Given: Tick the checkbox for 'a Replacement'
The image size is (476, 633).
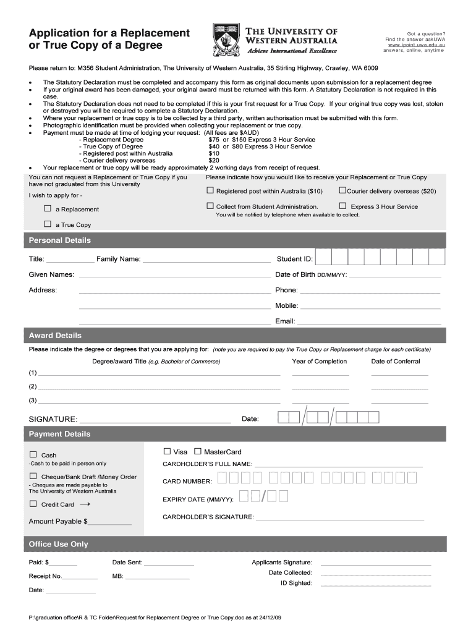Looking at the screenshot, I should [47, 208].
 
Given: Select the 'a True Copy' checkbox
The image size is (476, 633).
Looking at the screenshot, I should [47, 224].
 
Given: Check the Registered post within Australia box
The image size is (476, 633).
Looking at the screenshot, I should [210, 190].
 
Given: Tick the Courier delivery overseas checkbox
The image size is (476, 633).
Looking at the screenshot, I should [342, 190].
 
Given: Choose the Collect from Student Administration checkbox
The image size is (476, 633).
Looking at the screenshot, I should [210, 206].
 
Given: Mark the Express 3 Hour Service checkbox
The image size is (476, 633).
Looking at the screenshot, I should [342, 206].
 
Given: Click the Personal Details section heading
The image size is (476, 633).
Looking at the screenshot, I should [60, 240].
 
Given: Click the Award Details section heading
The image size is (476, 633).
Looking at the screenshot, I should [55, 336].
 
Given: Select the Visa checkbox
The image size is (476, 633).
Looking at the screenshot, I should [166, 451].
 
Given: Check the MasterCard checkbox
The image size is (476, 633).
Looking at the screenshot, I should [198, 451].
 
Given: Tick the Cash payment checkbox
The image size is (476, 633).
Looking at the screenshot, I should [33, 454].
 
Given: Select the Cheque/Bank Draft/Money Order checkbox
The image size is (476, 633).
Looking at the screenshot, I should [33, 476].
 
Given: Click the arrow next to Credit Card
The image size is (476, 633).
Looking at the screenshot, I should [85, 504].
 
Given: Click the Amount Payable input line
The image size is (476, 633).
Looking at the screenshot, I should [110, 523].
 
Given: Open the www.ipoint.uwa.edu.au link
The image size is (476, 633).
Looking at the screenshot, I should [416, 45].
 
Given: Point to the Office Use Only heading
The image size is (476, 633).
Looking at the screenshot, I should [59, 544].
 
